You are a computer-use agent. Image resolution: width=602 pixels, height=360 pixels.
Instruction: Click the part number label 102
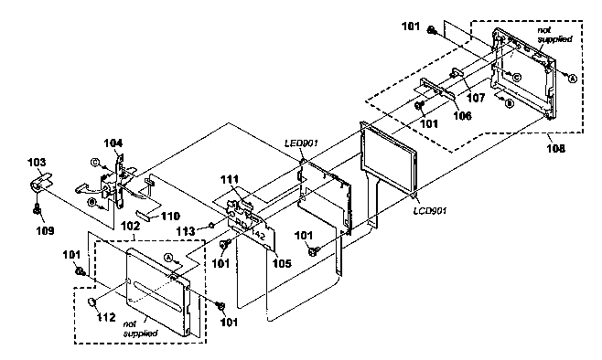point(131,226)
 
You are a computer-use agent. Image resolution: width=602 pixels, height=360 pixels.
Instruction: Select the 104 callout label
point(113,143)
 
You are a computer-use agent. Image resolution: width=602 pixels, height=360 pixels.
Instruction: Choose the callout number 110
point(169,217)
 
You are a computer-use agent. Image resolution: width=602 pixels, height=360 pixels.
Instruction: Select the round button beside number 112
point(91,302)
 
